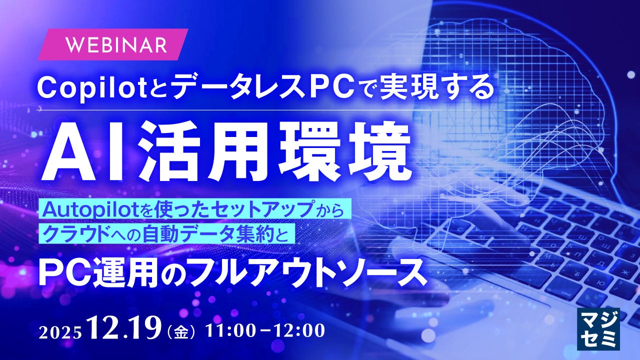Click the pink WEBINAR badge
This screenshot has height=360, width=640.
pos(113,44)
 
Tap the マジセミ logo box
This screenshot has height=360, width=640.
pos(598,329)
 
